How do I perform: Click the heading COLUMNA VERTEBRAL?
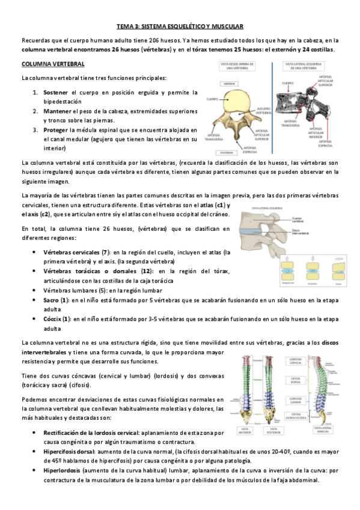coord(53,63)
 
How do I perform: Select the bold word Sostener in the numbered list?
coord(55,93)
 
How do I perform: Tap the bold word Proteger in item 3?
coord(55,129)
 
